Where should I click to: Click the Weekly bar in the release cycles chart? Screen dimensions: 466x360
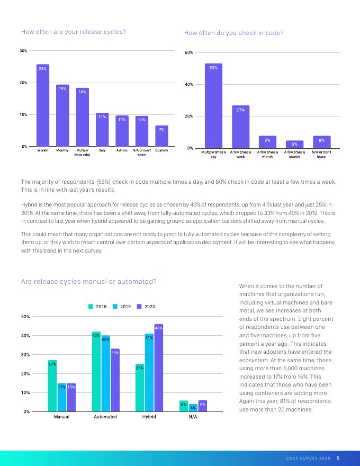tap(43, 106)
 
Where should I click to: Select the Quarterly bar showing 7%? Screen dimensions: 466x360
tap(161, 136)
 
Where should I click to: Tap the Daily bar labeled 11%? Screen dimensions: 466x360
tap(102, 130)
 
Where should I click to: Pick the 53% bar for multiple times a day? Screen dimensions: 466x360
tap(213, 106)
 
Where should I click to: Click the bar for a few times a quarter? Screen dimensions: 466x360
tap(294, 144)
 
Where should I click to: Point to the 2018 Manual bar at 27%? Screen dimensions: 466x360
tap(52, 386)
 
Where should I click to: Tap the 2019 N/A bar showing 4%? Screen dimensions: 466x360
tap(193, 408)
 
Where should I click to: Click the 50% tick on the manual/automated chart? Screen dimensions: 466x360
tap(24, 317)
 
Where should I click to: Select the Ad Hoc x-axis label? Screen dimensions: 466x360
tap(122, 151)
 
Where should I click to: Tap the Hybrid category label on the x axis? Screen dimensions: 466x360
tap(149, 417)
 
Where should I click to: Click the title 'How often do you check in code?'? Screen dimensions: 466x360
tap(233, 33)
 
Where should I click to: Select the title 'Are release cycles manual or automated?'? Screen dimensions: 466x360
tap(88, 282)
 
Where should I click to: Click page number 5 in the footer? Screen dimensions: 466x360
tap(338, 459)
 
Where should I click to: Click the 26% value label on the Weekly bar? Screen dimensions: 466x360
tap(42, 69)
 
